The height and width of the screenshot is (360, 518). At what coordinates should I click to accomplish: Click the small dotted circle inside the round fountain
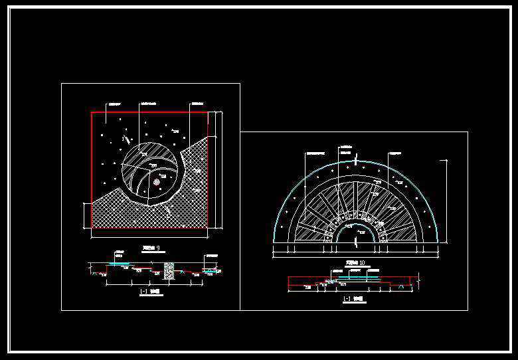[157, 181]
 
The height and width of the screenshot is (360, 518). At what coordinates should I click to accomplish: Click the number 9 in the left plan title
[157, 248]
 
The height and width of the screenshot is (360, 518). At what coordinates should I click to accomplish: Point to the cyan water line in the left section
[120, 264]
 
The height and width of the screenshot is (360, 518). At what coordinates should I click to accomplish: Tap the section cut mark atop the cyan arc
[357, 159]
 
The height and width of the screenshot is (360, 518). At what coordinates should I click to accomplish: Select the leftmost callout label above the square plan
[116, 104]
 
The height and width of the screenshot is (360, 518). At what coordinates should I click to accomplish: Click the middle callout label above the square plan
[149, 104]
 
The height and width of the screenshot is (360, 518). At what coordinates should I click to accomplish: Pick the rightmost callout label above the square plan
[197, 104]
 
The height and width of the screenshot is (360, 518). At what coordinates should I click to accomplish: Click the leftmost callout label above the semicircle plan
[314, 152]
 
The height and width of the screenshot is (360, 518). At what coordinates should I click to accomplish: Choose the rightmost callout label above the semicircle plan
[396, 152]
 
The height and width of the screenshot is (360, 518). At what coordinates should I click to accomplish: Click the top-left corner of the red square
[92, 112]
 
